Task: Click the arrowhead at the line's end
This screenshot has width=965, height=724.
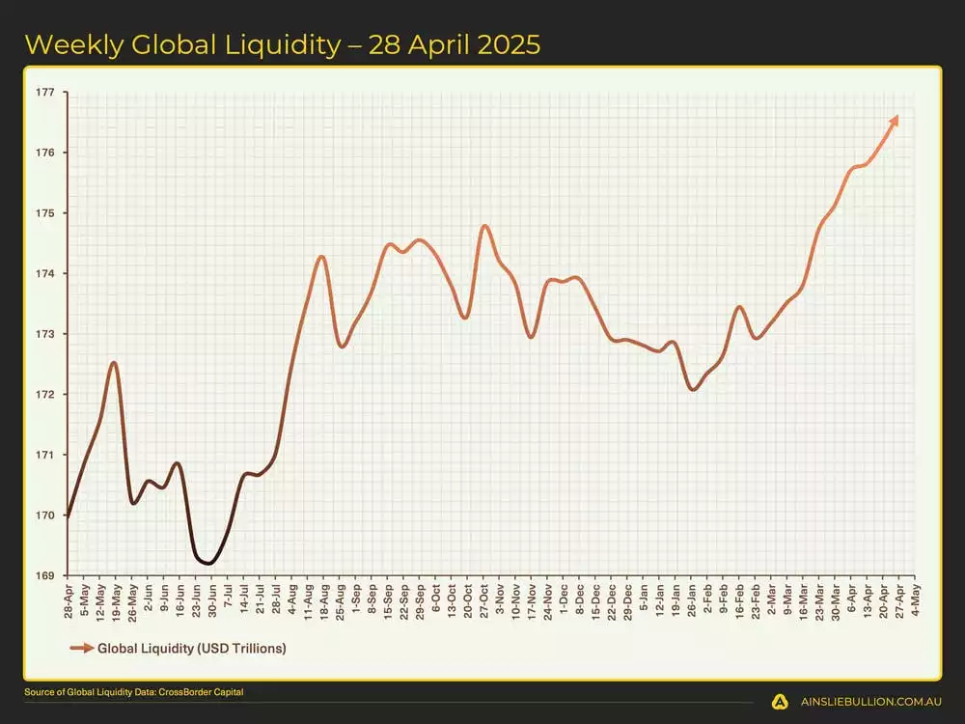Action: [x=895, y=120]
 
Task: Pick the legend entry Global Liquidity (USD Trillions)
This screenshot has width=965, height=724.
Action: [x=191, y=648]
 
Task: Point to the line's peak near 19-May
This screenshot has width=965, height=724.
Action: [x=114, y=363]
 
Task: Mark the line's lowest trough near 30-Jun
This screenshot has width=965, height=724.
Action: [x=208, y=563]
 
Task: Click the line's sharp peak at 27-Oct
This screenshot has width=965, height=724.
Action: [x=484, y=226]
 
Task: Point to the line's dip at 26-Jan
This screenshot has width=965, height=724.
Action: [x=693, y=389]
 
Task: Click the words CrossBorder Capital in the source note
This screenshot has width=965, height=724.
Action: [x=212, y=693]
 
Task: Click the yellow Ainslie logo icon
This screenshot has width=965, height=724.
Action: [x=779, y=703]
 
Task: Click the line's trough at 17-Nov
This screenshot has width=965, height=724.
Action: [x=531, y=337]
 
